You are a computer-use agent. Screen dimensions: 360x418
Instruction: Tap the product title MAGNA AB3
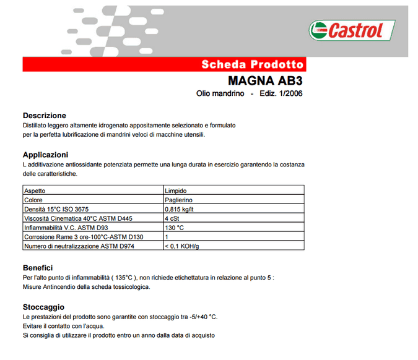pos(265,80)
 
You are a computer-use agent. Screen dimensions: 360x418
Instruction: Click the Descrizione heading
pos(44,116)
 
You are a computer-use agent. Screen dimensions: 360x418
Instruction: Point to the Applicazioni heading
pos(45,155)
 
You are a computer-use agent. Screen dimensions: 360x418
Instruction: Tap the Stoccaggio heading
pos(43,307)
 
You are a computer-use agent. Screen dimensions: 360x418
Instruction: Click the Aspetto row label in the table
pos(35,191)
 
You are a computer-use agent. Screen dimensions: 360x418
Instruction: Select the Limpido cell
pos(175,191)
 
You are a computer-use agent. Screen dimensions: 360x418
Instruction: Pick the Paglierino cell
pos(178,200)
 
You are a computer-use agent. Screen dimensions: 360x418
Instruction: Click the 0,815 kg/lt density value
pos(180,209)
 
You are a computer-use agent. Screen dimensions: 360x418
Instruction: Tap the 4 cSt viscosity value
pos(172,218)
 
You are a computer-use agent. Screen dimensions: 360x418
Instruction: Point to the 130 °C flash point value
pos(175,228)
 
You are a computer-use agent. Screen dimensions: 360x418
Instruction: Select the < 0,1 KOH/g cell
pos(181,246)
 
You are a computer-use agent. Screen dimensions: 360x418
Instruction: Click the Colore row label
pos(33,200)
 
